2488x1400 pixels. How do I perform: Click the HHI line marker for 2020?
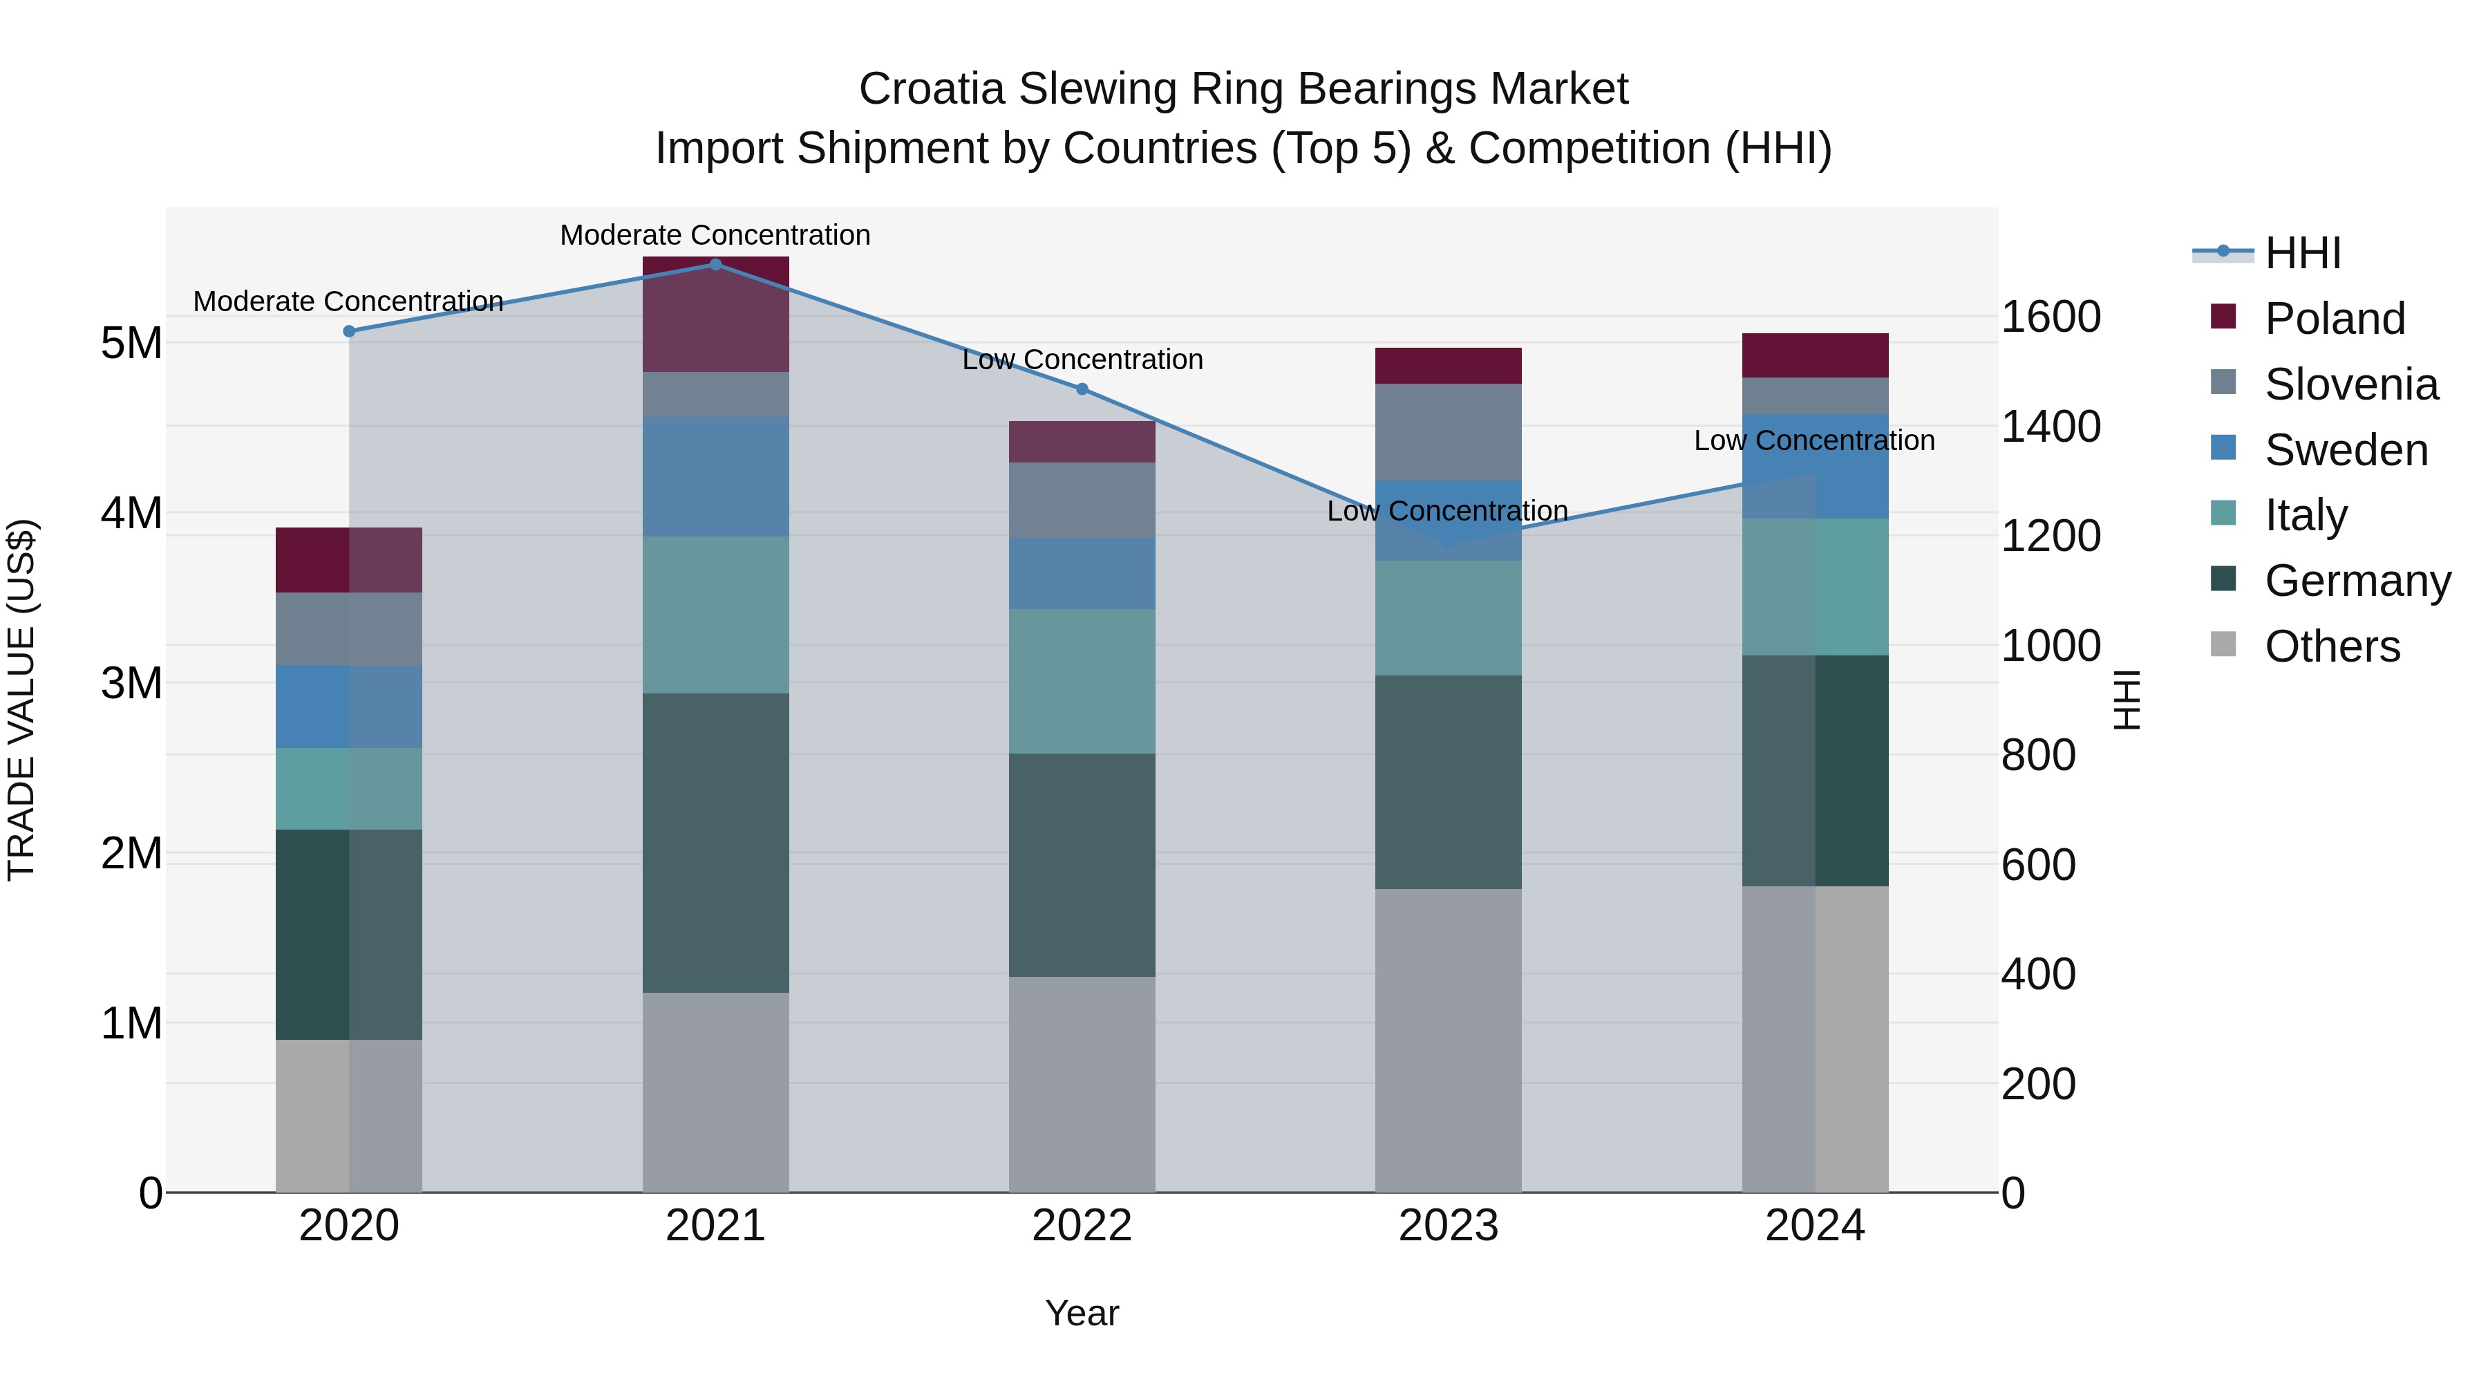350,331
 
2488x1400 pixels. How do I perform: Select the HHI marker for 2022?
1082,389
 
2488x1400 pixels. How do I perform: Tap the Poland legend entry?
2333,319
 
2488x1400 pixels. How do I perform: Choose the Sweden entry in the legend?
2345,450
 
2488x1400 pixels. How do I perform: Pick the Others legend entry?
2332,646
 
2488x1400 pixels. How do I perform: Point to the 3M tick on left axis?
132,683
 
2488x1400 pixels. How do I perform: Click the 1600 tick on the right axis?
2051,317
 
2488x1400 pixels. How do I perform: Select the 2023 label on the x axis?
1448,1226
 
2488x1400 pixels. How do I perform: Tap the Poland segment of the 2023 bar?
1448,366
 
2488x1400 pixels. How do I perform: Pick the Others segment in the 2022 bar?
1082,1084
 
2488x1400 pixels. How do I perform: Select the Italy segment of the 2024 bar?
1815,586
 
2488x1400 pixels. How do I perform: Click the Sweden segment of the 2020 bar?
350,707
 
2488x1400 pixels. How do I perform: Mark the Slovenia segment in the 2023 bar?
1448,432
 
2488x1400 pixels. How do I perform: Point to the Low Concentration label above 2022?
1082,360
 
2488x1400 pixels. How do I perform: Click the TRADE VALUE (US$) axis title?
21,700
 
